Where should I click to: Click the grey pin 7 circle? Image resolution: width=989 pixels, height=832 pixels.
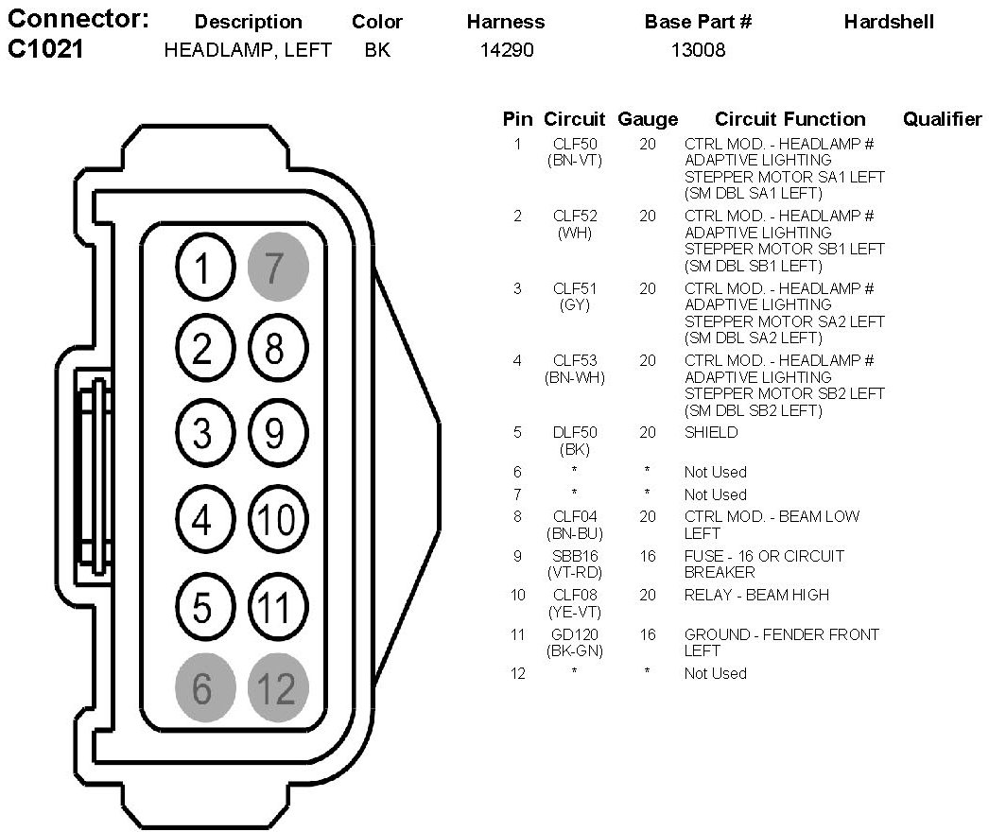pos(278,269)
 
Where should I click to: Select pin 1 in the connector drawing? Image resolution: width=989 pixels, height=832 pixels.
pos(202,269)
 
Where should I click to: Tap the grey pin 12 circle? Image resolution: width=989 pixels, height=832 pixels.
pos(278,688)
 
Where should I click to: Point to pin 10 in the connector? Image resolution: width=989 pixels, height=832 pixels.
pos(278,520)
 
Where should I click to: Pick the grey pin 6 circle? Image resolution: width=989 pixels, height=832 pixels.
pos(202,688)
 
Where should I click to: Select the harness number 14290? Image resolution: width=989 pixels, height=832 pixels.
pos(507,50)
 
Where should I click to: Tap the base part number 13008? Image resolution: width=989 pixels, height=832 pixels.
pos(698,50)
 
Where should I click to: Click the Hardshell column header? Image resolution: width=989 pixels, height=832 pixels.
pos(889,21)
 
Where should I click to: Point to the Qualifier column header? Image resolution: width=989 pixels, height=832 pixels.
pos(942,119)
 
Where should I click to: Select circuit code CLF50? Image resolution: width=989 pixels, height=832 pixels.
pos(575,144)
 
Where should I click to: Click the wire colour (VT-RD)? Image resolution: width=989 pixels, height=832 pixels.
pos(575,572)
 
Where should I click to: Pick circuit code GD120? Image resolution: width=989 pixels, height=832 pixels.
pos(575,634)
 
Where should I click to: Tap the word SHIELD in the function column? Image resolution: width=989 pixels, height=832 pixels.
pos(711,433)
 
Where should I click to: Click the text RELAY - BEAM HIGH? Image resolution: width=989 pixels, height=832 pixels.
pos(756,595)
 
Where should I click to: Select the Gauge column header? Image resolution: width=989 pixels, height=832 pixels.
pos(648,119)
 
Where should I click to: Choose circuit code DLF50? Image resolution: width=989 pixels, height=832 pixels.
pos(575,433)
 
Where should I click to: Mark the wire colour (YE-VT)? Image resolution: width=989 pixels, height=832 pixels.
pos(575,612)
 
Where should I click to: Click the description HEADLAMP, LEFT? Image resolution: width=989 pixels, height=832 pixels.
pos(248,50)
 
